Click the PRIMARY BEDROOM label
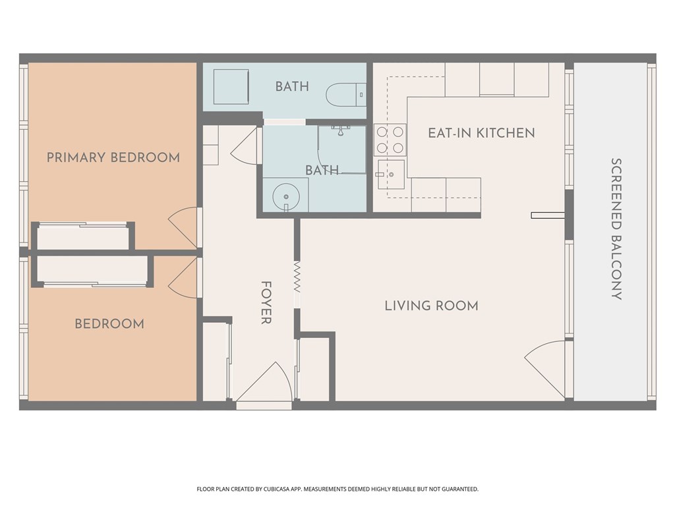click(x=113, y=157)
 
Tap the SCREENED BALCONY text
click(x=616, y=229)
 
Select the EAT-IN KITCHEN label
click(x=481, y=133)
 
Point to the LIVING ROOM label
click(x=431, y=306)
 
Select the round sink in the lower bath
click(x=286, y=196)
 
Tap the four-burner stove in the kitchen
click(x=390, y=140)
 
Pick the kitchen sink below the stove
click(x=391, y=174)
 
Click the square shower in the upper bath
click(x=231, y=86)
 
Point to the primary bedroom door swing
click(x=185, y=227)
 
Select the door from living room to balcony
click(x=545, y=369)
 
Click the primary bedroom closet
click(x=83, y=237)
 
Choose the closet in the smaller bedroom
click(x=92, y=271)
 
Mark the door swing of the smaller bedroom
click(x=185, y=277)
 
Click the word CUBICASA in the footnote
click(x=279, y=490)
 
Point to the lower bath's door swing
click(x=247, y=146)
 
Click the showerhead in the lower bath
click(x=341, y=130)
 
